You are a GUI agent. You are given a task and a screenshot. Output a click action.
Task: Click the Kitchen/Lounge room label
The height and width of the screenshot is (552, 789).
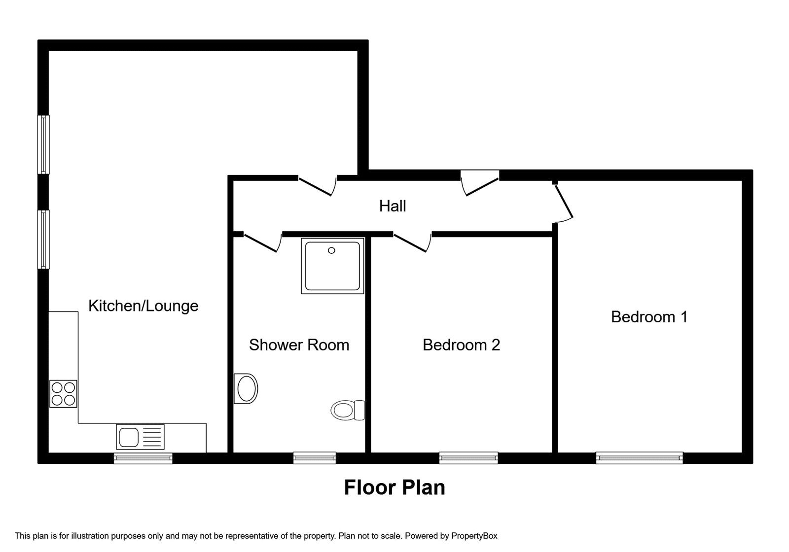(x=143, y=306)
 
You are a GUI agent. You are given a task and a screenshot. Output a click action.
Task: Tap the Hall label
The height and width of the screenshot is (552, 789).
(x=393, y=206)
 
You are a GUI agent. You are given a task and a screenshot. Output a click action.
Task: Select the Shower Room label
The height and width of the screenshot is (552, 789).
(x=299, y=345)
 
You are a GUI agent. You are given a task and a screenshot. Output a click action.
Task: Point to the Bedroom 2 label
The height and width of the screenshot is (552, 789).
(x=461, y=345)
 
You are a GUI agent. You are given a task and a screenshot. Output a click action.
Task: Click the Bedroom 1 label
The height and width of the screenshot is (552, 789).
(x=649, y=316)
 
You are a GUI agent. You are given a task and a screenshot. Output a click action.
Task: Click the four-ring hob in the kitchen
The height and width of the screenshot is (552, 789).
(x=63, y=394)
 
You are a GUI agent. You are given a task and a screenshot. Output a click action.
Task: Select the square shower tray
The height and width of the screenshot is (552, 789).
(x=332, y=266)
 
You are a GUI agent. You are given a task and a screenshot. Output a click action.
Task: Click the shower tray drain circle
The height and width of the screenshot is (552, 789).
(x=331, y=250)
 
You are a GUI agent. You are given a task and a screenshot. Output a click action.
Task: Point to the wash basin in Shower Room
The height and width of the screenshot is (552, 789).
(x=246, y=388)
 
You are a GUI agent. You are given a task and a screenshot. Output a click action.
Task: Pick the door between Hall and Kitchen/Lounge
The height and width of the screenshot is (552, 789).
(x=317, y=185)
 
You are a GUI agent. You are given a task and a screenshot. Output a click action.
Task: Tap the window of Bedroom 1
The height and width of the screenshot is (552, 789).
(x=639, y=458)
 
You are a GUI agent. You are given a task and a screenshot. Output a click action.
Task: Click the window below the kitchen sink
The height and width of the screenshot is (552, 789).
(x=143, y=458)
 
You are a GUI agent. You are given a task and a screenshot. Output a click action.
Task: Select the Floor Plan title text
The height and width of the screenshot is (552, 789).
(x=394, y=487)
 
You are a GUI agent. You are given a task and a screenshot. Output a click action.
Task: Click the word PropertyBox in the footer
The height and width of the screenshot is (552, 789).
(x=474, y=536)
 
